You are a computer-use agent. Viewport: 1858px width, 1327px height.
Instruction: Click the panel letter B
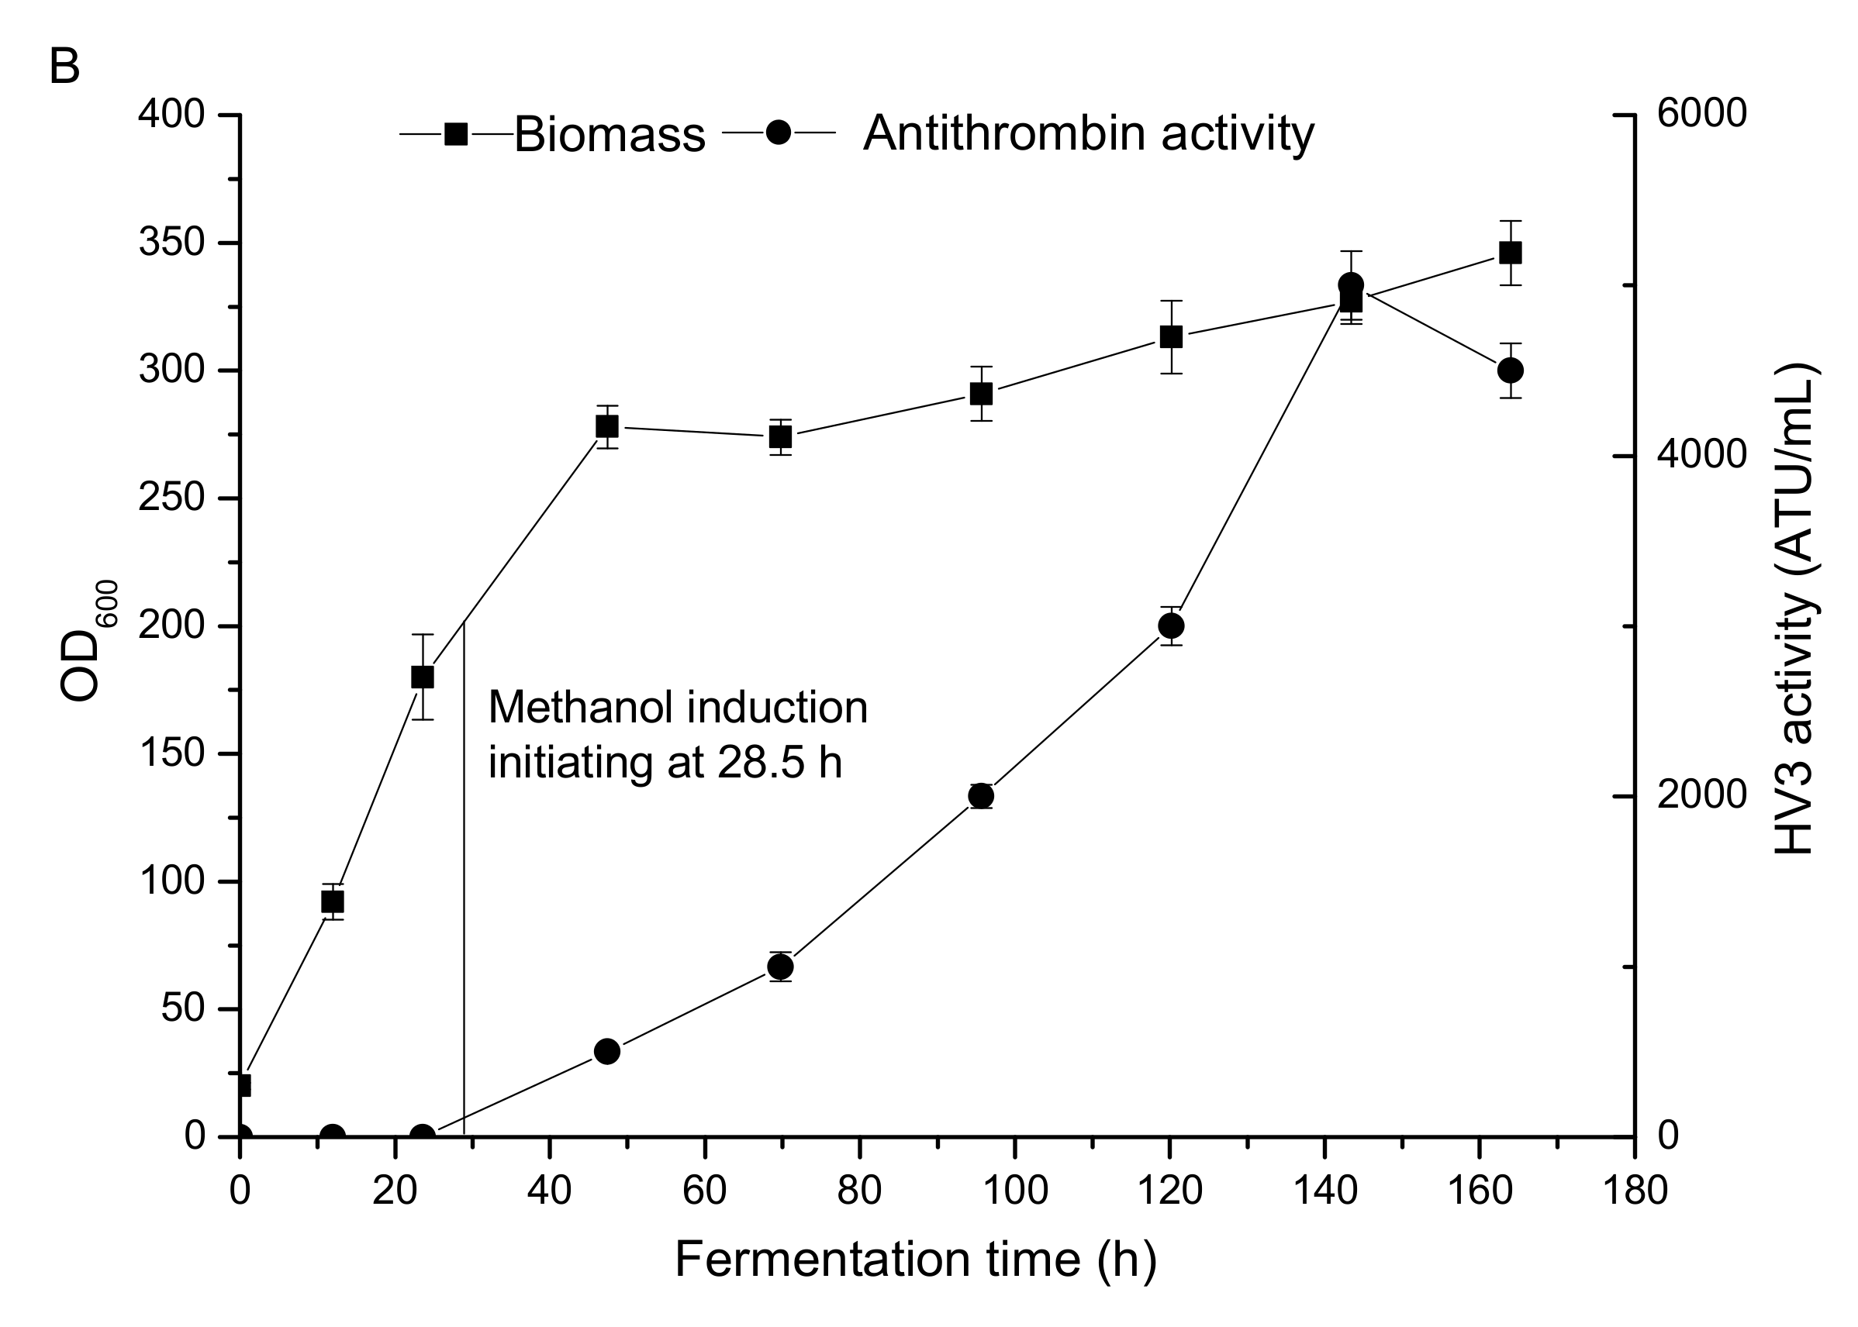coord(64,67)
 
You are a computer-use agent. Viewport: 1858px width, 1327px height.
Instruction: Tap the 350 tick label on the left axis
coord(171,243)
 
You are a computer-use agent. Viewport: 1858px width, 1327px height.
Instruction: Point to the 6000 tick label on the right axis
coord(1701,115)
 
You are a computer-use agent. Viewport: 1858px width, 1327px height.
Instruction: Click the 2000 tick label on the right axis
coord(1701,797)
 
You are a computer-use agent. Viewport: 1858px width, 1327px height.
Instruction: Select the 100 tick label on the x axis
coord(1014,1191)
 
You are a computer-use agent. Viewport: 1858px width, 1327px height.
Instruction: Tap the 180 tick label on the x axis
coord(1634,1191)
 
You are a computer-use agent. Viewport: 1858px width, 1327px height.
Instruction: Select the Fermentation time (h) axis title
coord(916,1260)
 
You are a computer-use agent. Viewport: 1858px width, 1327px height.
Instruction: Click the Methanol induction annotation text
coord(677,736)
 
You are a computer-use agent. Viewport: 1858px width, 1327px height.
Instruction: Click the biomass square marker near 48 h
coord(606,426)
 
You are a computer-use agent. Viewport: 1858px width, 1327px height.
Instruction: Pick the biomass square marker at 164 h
coord(1510,253)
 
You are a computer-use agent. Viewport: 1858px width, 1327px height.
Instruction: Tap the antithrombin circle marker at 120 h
coord(1172,626)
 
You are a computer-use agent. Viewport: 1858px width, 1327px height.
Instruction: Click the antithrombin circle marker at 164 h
coord(1510,371)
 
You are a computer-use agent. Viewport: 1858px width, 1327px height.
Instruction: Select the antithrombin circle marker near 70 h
coord(781,967)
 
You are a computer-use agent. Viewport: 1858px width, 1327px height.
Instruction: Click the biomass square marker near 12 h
coord(333,901)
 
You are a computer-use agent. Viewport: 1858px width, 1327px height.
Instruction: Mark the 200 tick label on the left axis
coord(171,627)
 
